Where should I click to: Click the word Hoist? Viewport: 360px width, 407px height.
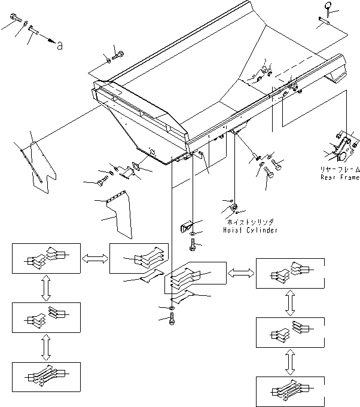pyautogui.click(x=234, y=229)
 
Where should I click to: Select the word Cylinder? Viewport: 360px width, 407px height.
pyautogui.click(x=261, y=229)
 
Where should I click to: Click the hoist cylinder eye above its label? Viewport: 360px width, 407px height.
pyautogui.click(x=233, y=208)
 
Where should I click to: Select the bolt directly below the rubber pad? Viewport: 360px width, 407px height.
pyautogui.click(x=193, y=245)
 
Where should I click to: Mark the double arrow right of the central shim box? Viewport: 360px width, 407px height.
pyautogui.click(x=239, y=272)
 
